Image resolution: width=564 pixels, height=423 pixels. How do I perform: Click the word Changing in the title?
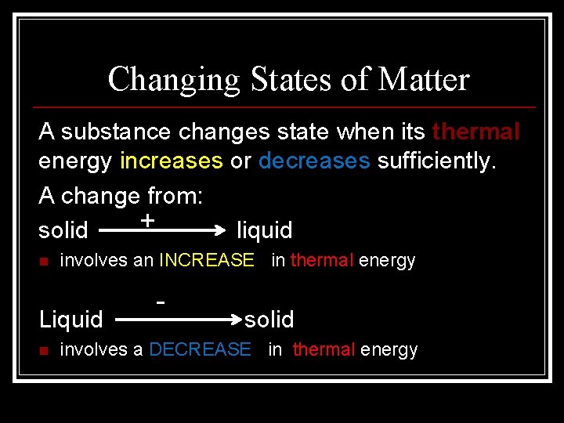(x=174, y=79)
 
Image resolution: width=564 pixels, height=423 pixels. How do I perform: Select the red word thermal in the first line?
(x=475, y=132)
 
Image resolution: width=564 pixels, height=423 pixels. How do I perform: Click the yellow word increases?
(x=172, y=161)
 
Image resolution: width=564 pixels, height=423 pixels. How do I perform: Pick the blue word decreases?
(x=314, y=161)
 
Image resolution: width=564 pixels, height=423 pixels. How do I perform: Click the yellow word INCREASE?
(x=207, y=260)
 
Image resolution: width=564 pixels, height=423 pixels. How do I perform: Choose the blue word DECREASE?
(x=200, y=349)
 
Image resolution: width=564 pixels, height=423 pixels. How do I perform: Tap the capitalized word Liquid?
(x=71, y=320)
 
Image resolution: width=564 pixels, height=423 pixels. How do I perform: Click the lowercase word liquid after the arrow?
(x=264, y=230)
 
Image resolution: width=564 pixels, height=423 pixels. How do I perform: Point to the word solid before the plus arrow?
(x=63, y=230)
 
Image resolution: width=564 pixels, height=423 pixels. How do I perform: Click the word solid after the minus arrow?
(x=269, y=320)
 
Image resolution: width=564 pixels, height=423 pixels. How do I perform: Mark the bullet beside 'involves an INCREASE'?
(x=44, y=261)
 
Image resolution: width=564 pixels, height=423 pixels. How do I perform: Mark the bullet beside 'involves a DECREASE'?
(x=44, y=350)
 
